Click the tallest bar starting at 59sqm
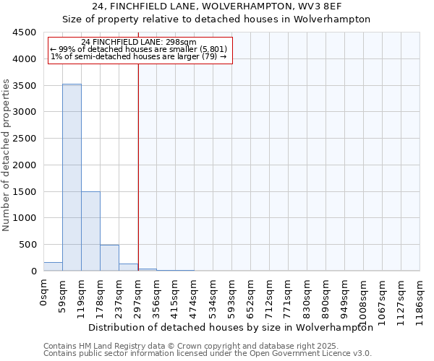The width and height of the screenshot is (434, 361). point(72,177)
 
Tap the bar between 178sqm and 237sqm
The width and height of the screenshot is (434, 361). point(109,258)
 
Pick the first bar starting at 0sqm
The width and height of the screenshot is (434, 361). point(53,266)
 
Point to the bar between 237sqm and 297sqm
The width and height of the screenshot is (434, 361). point(128,267)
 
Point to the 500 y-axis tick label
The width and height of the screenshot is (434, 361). point(27,245)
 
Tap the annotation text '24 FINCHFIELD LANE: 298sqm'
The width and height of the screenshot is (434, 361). point(139,43)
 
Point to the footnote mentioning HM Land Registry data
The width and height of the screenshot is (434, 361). point(206,346)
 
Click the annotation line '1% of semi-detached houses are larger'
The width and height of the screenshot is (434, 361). point(139,56)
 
